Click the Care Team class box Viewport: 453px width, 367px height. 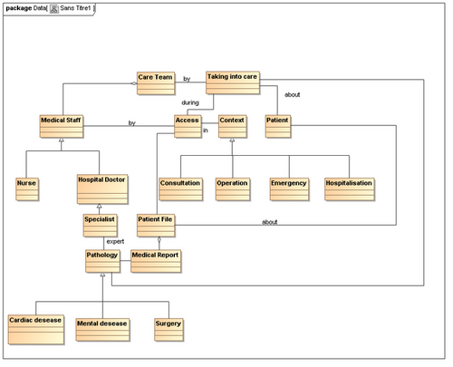156,83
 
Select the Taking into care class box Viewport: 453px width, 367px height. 233,82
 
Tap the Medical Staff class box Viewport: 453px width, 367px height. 62,126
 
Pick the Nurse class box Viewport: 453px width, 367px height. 27,189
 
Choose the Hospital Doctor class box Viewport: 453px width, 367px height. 102,189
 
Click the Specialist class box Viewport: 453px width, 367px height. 100,226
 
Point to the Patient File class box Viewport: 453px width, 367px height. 156,226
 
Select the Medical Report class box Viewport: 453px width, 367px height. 156,261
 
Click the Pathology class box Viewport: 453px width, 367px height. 102,261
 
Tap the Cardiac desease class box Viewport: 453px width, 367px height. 36,330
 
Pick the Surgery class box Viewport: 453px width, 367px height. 169,330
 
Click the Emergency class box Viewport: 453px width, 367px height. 289,189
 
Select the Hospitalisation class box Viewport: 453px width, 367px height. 350,189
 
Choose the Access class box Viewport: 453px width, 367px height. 188,126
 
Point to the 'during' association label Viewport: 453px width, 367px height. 190,102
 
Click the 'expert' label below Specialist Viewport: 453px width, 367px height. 115,241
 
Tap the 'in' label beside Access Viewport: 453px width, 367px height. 206,130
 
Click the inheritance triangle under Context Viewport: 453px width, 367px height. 232,140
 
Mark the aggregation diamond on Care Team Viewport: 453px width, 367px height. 133,83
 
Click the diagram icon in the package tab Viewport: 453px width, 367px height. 54,9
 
